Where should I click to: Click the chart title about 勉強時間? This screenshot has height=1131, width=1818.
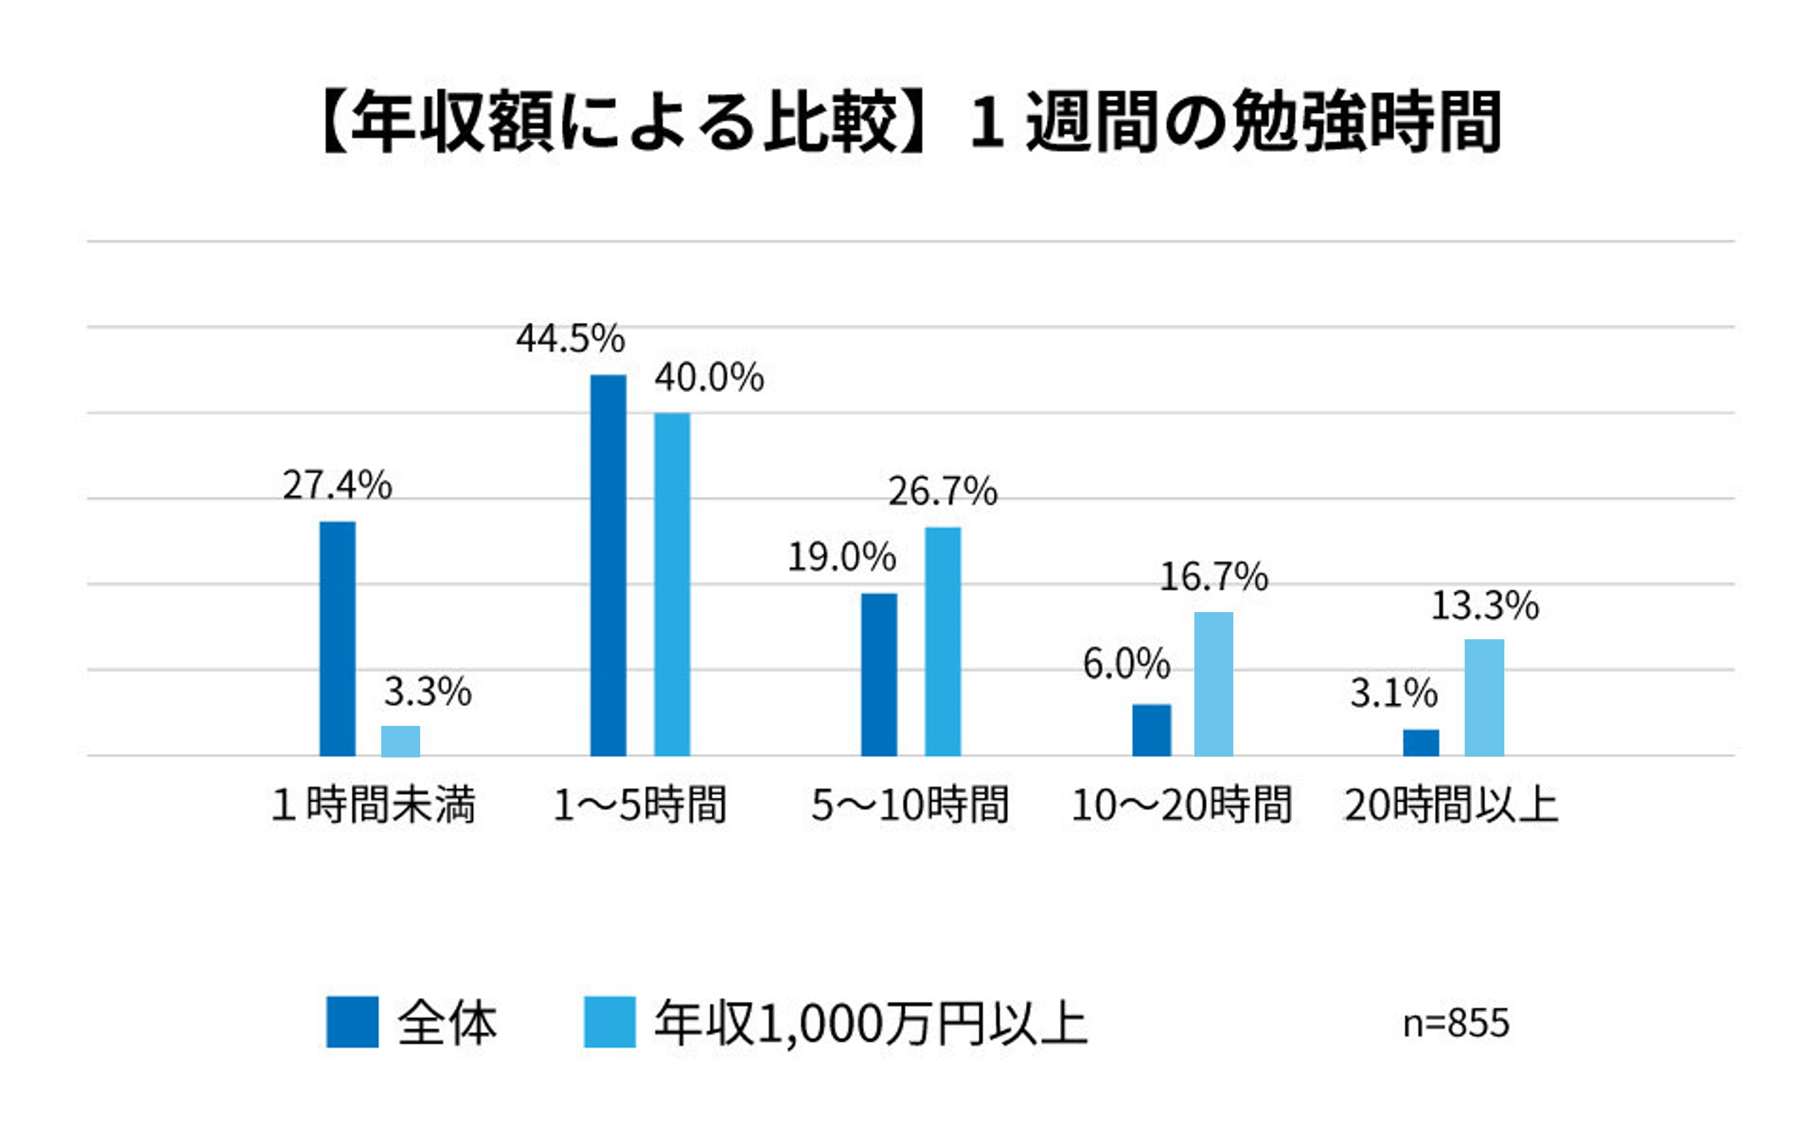coord(910,122)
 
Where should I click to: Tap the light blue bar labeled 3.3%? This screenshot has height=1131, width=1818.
coord(400,741)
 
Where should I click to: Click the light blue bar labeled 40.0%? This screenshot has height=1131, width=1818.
coord(671,584)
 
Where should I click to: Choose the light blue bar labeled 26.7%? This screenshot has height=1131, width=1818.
coord(942,641)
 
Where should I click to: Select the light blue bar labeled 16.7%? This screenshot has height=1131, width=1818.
coord(1213,684)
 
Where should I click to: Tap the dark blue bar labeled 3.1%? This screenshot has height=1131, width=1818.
coord(1421,742)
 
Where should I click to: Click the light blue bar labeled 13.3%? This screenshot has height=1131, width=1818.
coord(1485,697)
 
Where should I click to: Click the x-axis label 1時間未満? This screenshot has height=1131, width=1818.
coord(372,806)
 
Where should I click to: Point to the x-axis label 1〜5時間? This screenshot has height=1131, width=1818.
coord(640,806)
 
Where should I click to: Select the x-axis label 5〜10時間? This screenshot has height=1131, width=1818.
coord(910,806)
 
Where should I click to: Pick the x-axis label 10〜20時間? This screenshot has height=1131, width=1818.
coord(1181,806)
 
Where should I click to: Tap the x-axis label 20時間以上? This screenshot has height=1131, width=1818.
coord(1451,806)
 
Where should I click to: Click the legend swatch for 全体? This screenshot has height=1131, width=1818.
coord(353,1022)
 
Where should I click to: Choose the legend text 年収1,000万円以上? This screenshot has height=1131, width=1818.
coord(870,1022)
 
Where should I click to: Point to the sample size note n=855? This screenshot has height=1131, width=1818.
coord(1456,1022)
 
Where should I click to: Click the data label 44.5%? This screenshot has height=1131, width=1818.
coord(570,339)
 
